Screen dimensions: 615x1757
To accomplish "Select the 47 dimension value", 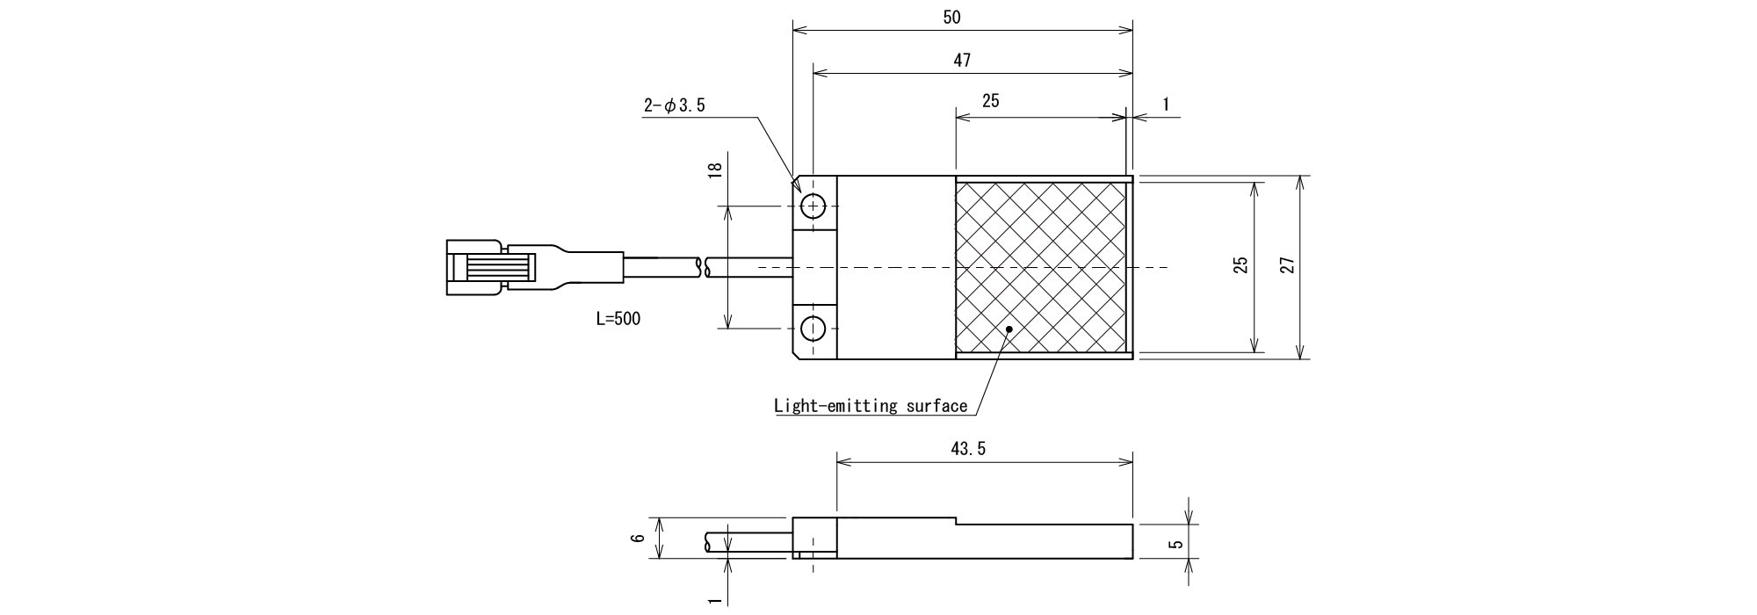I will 963,61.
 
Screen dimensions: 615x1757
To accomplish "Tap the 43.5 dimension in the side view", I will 968,449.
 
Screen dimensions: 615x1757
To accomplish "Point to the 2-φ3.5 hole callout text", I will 675,106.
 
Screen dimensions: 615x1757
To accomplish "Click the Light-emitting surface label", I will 870,406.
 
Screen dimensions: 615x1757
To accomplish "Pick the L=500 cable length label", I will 618,319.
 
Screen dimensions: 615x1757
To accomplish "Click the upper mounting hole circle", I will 814,206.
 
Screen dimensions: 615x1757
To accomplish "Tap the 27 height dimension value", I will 1287,265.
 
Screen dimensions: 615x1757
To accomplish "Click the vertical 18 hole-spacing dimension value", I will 714,170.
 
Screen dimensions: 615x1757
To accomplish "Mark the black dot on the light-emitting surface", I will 1010,329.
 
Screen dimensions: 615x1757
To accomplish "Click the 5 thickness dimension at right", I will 1176,544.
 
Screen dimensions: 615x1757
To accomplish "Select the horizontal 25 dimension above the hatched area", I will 990,101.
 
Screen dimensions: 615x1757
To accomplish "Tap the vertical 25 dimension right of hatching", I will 1240,265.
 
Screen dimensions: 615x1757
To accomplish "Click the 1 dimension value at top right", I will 1166,104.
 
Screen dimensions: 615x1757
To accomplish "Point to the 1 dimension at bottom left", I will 714,600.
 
